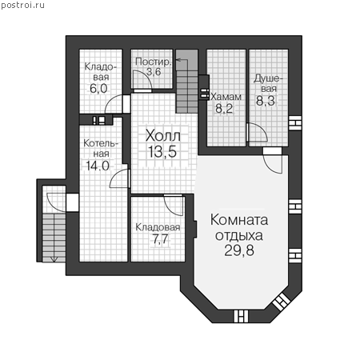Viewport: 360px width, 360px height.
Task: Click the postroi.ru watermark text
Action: (22, 6)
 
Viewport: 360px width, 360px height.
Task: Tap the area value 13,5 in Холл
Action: (162, 152)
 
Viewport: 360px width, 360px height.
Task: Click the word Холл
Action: (163, 136)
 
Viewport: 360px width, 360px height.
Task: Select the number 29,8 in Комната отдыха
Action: (239, 250)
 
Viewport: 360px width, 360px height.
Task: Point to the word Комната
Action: (239, 220)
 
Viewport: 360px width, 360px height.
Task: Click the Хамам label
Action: (226, 97)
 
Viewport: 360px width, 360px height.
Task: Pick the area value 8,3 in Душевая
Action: (266, 101)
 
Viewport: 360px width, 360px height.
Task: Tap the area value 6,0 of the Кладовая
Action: (98, 89)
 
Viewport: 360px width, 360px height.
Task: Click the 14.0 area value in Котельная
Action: (98, 166)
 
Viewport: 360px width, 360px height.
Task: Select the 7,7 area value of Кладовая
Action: (160, 239)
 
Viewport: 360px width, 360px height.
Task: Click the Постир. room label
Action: (153, 62)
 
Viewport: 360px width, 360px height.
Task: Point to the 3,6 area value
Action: (154, 72)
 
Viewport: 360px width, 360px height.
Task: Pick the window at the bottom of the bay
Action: (241, 316)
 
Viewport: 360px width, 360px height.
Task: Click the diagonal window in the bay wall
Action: (282, 302)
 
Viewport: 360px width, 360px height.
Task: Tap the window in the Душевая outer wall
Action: (295, 123)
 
